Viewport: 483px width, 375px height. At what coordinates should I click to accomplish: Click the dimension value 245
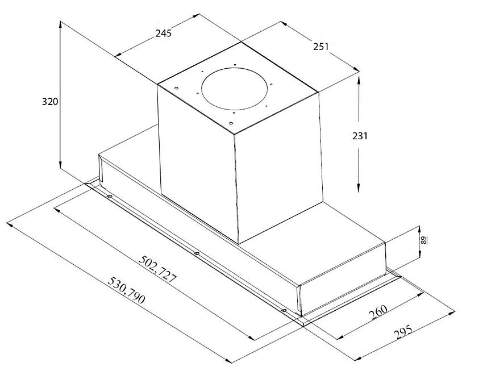[163, 33]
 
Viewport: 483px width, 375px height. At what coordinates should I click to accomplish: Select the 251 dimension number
[321, 47]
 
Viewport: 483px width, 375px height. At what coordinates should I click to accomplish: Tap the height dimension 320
[50, 101]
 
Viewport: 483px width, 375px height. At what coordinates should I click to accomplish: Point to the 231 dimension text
[360, 136]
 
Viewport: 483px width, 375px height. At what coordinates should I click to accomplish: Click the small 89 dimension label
[424, 240]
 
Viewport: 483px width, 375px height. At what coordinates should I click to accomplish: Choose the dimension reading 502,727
[158, 269]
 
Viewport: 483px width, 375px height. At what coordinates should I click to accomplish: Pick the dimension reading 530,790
[126, 290]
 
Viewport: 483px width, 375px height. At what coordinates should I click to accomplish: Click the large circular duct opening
[235, 89]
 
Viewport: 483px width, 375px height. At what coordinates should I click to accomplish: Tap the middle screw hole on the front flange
[197, 253]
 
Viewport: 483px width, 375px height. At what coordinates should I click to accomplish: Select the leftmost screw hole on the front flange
[109, 197]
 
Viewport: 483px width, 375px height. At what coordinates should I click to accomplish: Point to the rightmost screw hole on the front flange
[284, 310]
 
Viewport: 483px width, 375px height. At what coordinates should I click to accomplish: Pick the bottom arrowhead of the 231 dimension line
[359, 189]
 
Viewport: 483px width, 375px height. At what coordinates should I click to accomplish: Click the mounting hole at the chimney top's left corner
[176, 88]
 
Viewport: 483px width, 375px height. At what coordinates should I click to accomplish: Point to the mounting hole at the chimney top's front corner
[231, 123]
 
